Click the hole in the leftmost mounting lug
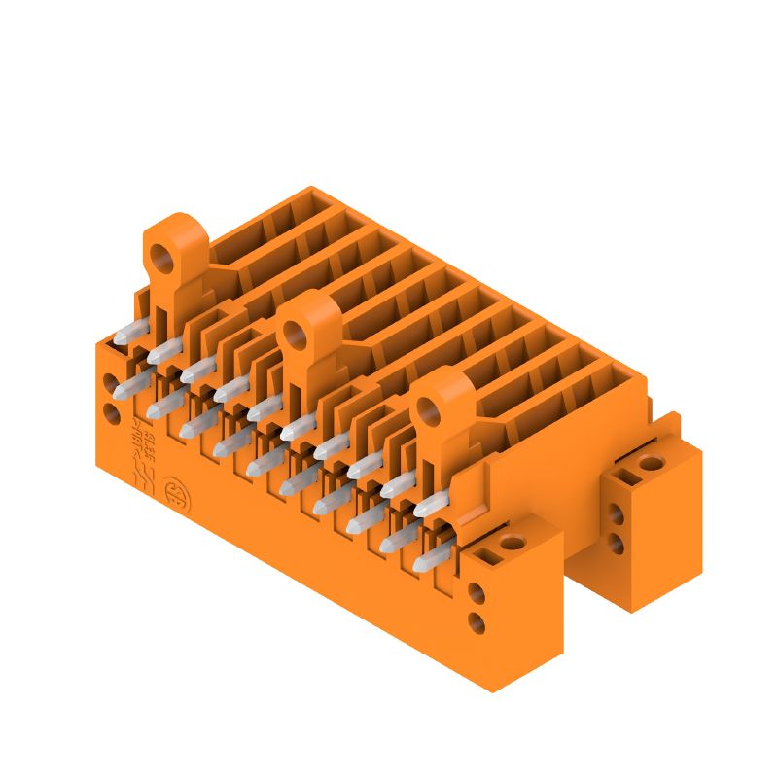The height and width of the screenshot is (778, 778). pos(160,258)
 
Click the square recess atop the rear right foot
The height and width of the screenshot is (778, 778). pos(623,477)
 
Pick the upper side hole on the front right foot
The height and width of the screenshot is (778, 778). pos(477,592)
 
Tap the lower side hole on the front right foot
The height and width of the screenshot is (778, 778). pos(477,621)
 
